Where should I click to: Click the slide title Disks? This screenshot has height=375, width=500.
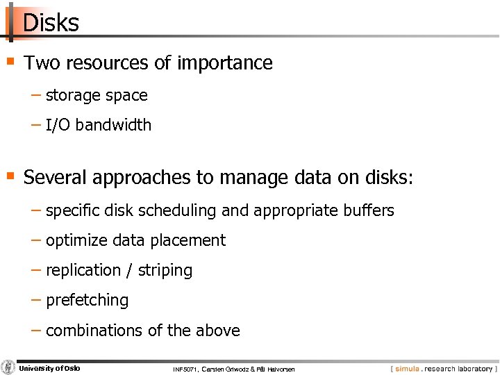[51, 23]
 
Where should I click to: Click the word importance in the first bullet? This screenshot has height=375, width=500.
[224, 63]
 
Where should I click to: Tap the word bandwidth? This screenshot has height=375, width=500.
[113, 125]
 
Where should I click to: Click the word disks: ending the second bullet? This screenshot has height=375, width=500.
[389, 177]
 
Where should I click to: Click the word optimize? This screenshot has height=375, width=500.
[76, 241]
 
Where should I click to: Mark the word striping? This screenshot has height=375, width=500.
[165, 271]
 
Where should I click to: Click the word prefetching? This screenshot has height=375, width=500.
[87, 301]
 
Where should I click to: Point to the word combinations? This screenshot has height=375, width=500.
[95, 331]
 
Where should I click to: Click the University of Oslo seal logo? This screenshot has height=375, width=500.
[8, 367]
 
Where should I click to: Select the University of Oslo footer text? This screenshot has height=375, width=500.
[49, 368]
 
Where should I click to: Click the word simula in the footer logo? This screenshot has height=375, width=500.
[408, 369]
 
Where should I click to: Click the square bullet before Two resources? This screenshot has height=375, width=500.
[10, 61]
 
